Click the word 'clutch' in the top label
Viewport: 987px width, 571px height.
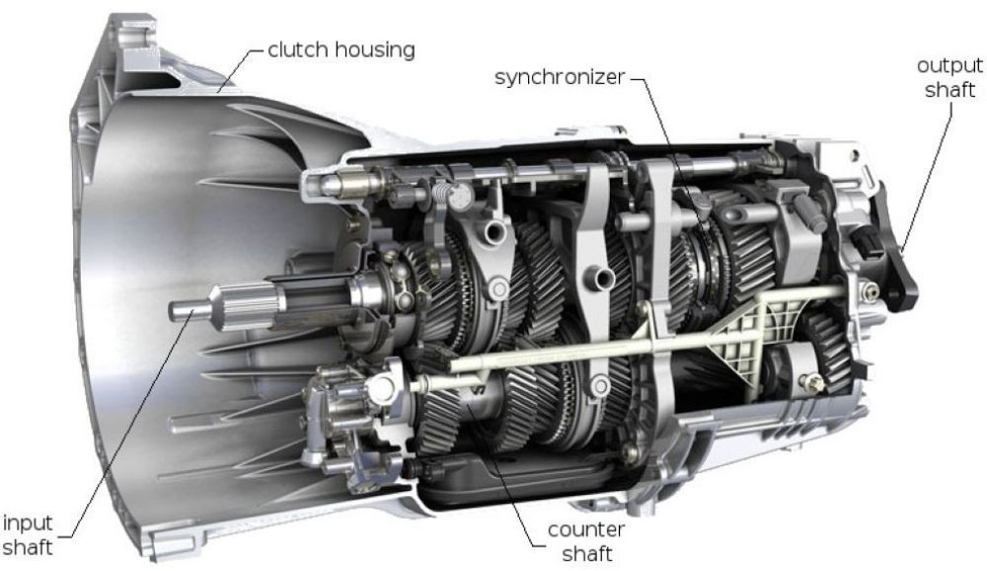tap(297, 49)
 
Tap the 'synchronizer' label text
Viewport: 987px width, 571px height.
tap(560, 77)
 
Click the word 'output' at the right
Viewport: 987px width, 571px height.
tap(949, 65)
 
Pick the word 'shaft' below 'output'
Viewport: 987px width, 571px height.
tap(949, 90)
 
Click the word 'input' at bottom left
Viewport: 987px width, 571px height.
tap(28, 524)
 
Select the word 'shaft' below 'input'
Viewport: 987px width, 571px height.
tap(28, 547)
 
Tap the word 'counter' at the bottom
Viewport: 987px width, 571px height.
tap(586, 530)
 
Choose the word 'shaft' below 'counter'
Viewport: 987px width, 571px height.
tap(587, 553)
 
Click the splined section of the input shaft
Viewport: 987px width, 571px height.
tap(247, 307)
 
